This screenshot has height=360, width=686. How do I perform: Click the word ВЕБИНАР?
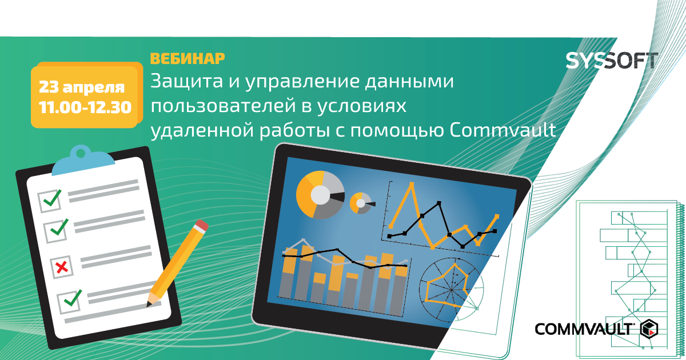[188, 58]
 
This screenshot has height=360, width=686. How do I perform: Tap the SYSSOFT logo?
[611, 61]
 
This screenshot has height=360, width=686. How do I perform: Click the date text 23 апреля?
[82, 87]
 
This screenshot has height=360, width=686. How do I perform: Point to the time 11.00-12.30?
[85, 107]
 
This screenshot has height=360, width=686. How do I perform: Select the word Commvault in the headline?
[502, 130]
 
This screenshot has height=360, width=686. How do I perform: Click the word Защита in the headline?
[186, 81]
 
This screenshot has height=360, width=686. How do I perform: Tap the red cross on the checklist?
[62, 267]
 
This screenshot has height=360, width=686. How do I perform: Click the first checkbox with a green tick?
[50, 200]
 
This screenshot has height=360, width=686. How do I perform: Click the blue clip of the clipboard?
[83, 161]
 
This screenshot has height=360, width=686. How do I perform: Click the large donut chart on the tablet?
[320, 195]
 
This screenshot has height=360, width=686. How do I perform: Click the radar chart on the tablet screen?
[452, 290]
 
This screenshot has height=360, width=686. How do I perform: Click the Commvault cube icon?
[649, 329]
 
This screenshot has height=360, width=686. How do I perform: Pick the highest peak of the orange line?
[412, 183]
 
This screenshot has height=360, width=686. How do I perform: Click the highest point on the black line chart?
[439, 203]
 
